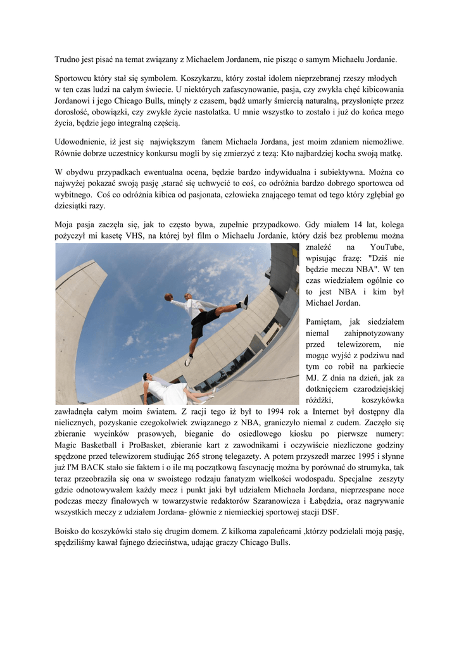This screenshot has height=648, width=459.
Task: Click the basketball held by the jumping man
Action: (168, 296)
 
